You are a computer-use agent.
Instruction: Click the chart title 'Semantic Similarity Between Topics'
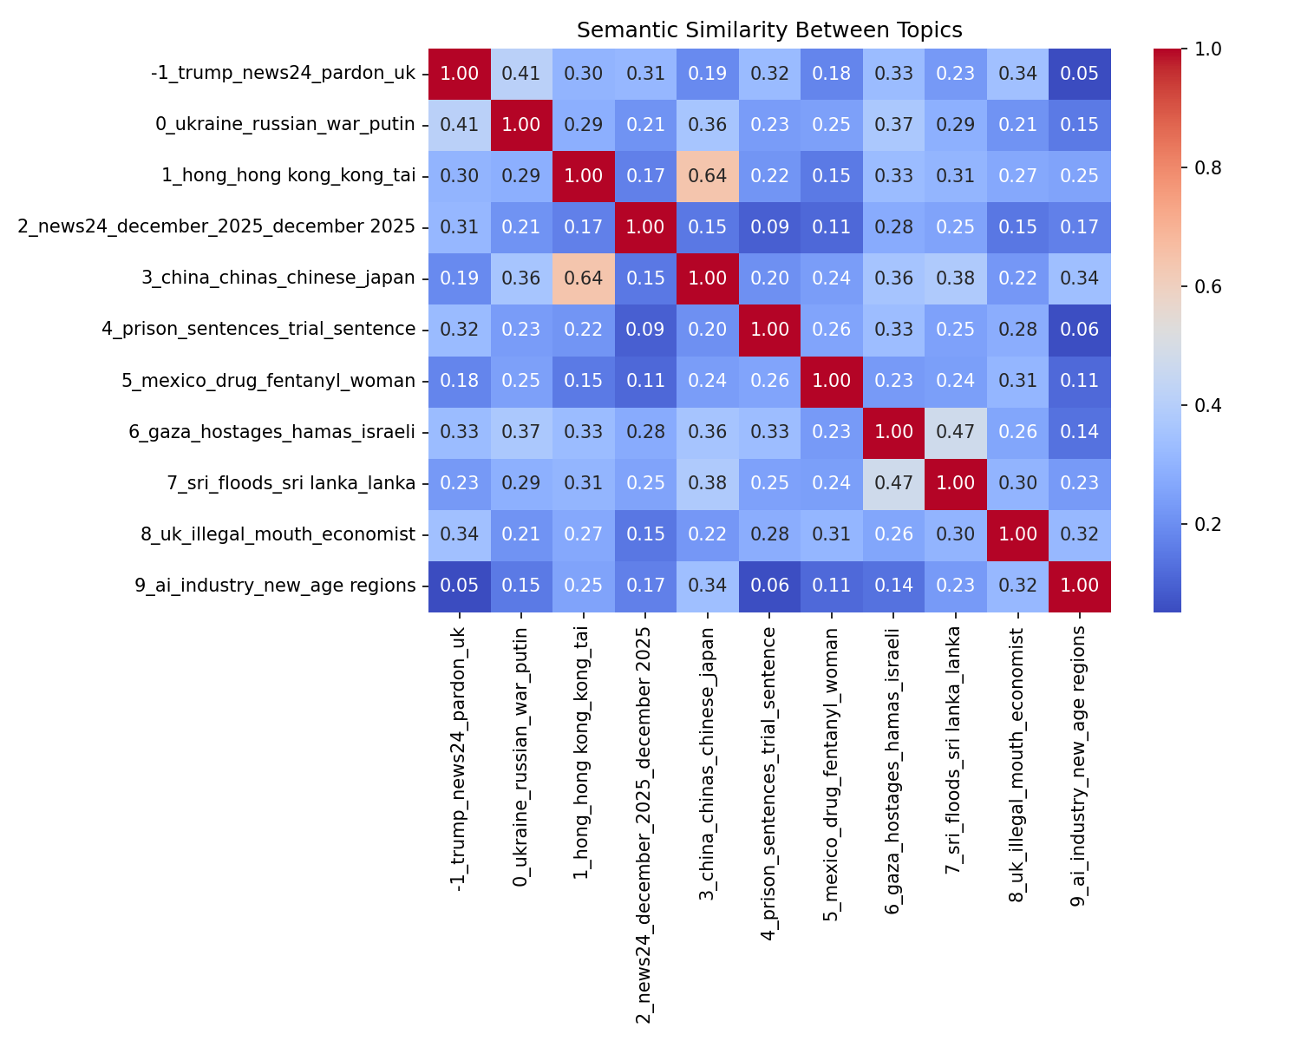[x=769, y=30]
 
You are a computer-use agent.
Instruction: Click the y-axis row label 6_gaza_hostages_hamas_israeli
[x=283, y=432]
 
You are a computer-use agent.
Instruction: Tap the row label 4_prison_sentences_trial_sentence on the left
[x=271, y=330]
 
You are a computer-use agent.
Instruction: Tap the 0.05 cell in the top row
[x=1080, y=74]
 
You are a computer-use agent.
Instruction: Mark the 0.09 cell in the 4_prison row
[x=645, y=330]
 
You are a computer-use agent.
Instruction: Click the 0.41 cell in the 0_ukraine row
[x=460, y=125]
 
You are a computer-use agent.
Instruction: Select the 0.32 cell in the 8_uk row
[x=1080, y=534]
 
